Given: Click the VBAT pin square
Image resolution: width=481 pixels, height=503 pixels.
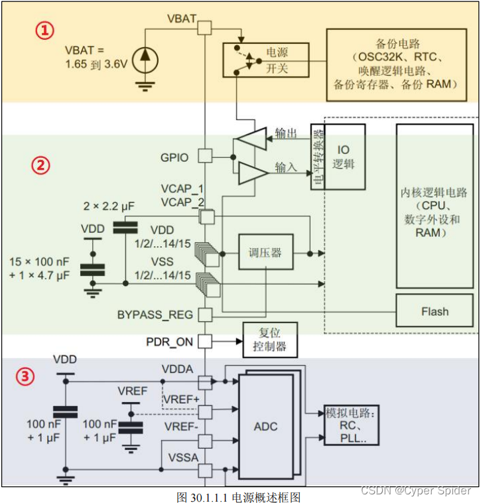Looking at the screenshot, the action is tap(204, 28).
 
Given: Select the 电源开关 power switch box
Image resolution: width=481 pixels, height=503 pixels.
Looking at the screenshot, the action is tap(266, 60).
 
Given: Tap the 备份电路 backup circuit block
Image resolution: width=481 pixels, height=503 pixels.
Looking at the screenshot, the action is tap(396, 65).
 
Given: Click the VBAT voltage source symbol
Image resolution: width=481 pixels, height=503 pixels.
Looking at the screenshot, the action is tap(145, 60).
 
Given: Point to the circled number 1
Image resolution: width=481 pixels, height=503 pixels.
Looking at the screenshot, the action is tap(44, 31).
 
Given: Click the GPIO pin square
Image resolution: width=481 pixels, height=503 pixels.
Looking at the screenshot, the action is tap(205, 156).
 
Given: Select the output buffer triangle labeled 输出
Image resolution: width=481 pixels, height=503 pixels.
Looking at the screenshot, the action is tap(251, 139).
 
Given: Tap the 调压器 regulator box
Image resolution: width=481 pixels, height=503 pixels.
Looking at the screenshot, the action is tap(266, 251).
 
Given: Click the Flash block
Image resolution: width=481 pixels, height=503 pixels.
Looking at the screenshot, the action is tap(435, 311).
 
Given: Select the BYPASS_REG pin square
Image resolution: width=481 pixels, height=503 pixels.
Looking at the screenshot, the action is tap(205, 315).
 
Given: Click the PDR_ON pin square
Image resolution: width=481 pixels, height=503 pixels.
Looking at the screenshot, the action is tap(205, 341).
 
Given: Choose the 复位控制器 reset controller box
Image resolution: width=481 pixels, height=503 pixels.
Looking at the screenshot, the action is tap(270, 340).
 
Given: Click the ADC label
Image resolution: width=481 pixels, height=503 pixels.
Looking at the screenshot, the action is tap(265, 427).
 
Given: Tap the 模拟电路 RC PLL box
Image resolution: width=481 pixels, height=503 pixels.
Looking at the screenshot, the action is tap(352, 425).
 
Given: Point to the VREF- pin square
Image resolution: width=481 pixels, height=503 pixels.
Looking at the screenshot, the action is tap(205, 441).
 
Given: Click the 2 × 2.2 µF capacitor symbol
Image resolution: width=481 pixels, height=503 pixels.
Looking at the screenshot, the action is tap(125, 228).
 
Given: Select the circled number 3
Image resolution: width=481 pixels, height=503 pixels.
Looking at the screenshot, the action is tap(25, 376).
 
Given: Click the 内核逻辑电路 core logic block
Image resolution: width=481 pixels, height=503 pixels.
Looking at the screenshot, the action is tap(435, 206).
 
